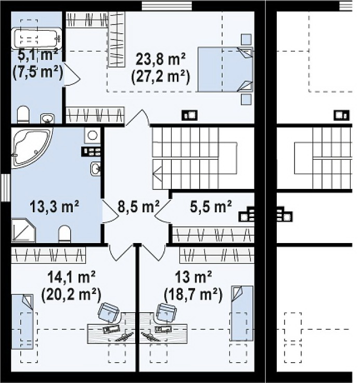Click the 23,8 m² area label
(160, 59)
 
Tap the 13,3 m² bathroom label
(54, 207)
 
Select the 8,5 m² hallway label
(138, 207)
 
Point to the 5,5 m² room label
(211, 207)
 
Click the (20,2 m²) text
(71, 295)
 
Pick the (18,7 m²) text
(194, 295)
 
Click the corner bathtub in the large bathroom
(32, 148)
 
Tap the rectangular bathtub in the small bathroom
(36, 39)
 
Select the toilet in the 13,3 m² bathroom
(65, 234)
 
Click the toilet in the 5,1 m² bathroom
(23, 114)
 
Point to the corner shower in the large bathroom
(23, 231)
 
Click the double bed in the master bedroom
(225, 69)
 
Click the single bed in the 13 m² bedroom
(242, 313)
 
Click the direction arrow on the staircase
(157, 174)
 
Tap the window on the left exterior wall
(5, 187)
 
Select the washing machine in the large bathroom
(92, 135)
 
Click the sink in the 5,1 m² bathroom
(48, 118)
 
